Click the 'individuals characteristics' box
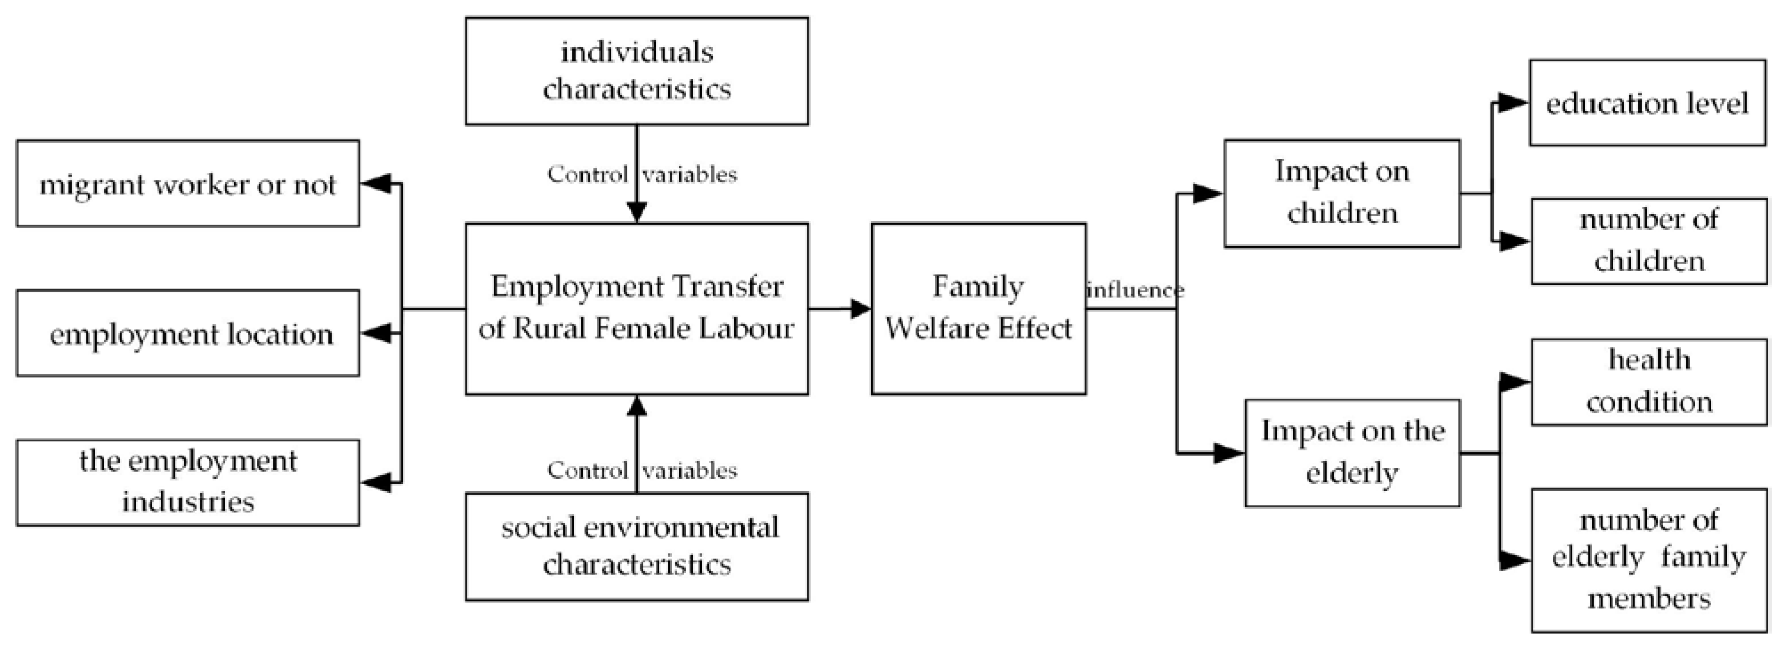[x=637, y=71]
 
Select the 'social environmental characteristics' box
[x=637, y=546]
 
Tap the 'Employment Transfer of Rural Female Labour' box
[x=637, y=308]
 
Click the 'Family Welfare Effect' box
[x=978, y=308]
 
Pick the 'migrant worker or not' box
[x=188, y=184]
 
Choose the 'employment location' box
[x=188, y=333]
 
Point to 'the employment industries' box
[x=188, y=482]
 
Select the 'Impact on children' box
[x=1342, y=193]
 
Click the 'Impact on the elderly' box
[x=1352, y=452]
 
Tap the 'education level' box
[x=1648, y=103]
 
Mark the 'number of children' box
[x=1649, y=241]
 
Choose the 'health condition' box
[x=1649, y=382]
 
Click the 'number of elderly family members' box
[x=1649, y=560]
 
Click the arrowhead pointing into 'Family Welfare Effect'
[x=861, y=308]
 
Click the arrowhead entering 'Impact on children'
[x=1208, y=194]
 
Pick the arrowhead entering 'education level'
[x=1514, y=103]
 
